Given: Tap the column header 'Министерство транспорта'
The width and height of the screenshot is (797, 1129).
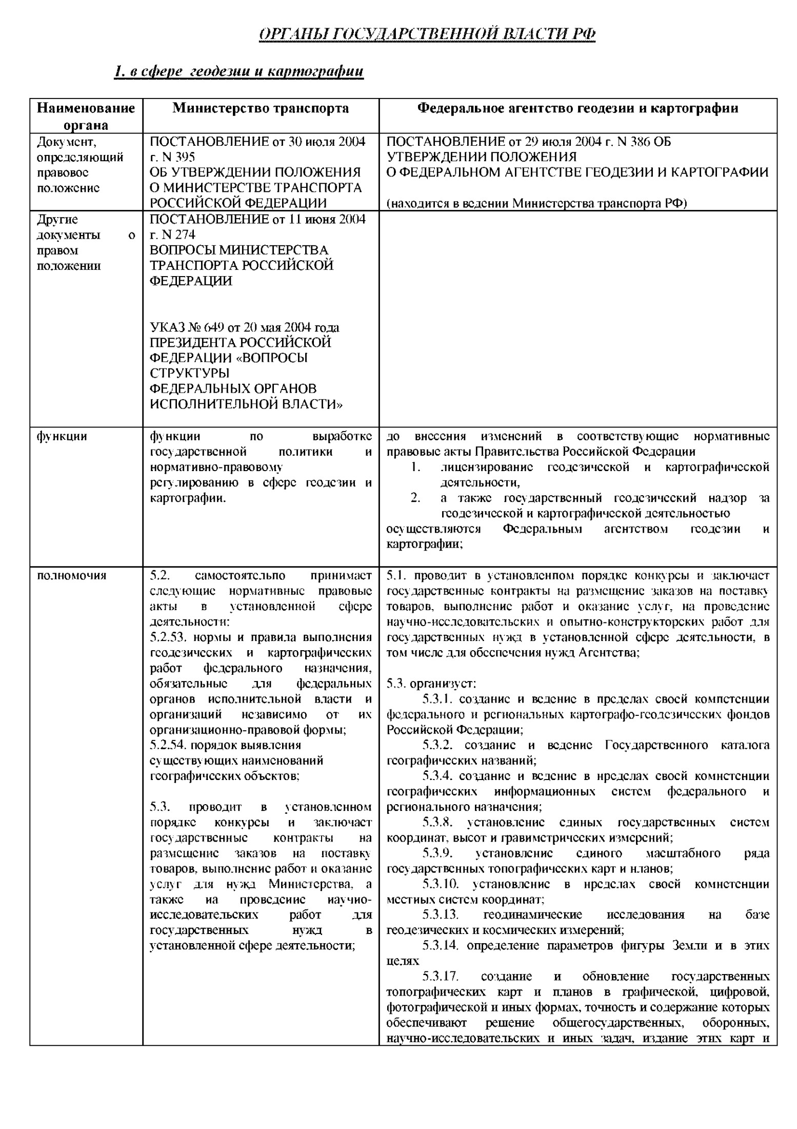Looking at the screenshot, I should point(261,108).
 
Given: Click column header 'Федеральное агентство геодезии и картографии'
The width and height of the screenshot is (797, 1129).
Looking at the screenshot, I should point(577,108).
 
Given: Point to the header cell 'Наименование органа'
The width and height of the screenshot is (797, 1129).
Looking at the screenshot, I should point(86,116).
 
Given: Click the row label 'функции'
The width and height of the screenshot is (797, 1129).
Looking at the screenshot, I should point(62,436).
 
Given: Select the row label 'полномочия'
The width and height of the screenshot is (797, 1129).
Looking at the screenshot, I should point(71,575).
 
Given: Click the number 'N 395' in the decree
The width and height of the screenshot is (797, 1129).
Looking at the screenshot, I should point(177,157).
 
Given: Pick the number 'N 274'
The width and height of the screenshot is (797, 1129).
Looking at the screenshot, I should point(177,235).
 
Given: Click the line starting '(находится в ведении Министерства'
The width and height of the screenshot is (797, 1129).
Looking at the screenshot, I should point(536,203).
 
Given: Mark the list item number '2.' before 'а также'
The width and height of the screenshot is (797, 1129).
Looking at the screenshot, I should point(415,498).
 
